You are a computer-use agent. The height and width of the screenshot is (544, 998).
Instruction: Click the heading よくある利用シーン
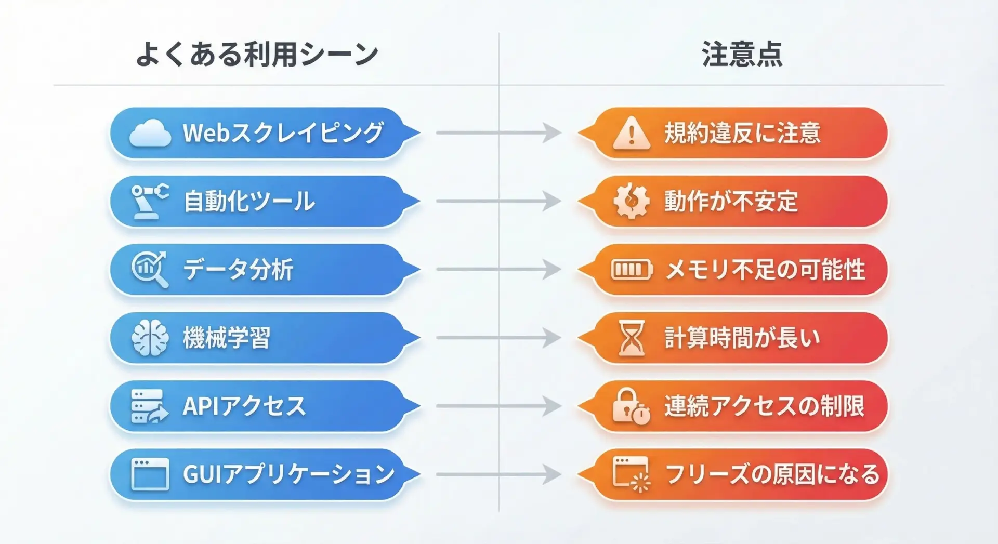tap(257, 54)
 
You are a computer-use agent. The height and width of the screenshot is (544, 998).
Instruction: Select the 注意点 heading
tap(742, 54)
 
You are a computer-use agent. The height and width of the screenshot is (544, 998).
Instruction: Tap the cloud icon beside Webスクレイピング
tap(150, 133)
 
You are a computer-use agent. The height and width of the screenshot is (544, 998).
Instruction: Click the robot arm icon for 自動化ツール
tap(150, 201)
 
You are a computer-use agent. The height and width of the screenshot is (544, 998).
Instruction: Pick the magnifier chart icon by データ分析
tap(150, 269)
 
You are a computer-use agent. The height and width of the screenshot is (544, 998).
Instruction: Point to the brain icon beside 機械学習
tap(150, 338)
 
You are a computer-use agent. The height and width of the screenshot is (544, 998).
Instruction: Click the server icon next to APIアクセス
tap(150, 406)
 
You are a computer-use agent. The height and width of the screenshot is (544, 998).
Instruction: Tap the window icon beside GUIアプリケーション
tap(150, 474)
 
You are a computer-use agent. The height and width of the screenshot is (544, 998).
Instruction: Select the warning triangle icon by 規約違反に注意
tap(632, 133)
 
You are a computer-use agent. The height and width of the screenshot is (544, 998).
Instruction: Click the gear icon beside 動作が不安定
tap(631, 201)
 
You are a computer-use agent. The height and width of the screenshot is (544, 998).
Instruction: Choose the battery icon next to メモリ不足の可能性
tap(632, 270)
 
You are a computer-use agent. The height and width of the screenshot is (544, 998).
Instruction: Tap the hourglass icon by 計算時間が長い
tap(632, 338)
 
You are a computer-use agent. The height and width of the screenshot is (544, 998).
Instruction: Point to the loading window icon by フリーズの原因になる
tap(631, 474)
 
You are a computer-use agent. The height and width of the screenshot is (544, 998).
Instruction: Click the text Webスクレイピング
tap(283, 133)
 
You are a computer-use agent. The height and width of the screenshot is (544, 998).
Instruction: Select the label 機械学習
tap(227, 338)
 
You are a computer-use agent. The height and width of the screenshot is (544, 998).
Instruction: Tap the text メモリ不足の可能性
tap(765, 270)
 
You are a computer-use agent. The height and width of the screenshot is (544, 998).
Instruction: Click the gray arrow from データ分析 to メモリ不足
tap(498, 269)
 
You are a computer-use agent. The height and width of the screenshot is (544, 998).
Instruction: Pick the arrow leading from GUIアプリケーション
tap(498, 474)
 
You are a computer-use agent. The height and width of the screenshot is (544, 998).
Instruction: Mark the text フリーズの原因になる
tap(772, 474)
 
